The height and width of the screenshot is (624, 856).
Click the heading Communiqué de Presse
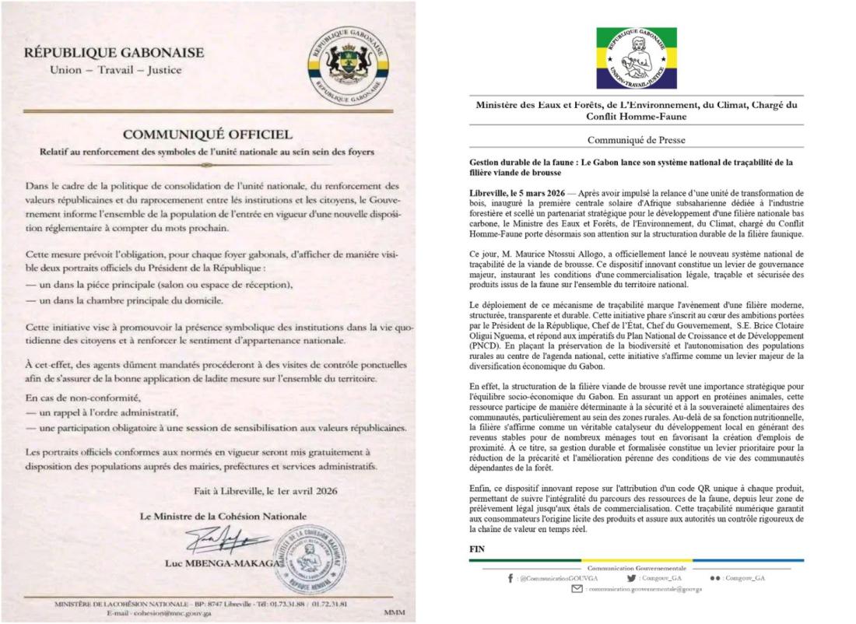(x=636, y=142)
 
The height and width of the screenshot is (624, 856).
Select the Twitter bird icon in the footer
(x=630, y=579)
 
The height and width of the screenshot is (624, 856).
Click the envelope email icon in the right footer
(x=577, y=590)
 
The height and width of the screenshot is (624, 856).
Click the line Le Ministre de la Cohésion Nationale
(x=223, y=517)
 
